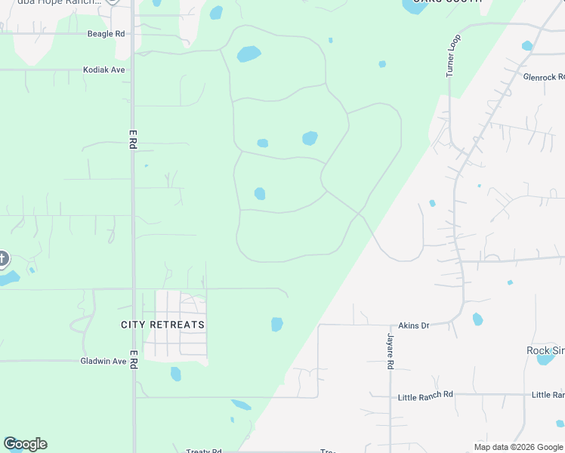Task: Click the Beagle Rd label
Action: (107, 34)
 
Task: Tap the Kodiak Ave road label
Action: (104, 70)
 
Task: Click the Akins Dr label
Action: (413, 325)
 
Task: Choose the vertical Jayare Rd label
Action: (391, 352)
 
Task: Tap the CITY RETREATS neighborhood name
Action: (162, 325)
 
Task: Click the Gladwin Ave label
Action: (103, 362)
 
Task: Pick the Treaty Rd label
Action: (204, 451)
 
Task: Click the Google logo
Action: (26, 444)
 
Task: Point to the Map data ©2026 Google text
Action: (518, 447)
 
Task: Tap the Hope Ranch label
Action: (68, 2)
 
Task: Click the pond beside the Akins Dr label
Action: (477, 319)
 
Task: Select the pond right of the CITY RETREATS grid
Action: (277, 325)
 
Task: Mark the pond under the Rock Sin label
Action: (545, 359)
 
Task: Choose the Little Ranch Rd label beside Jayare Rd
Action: (426, 395)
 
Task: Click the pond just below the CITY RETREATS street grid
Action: (176, 374)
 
